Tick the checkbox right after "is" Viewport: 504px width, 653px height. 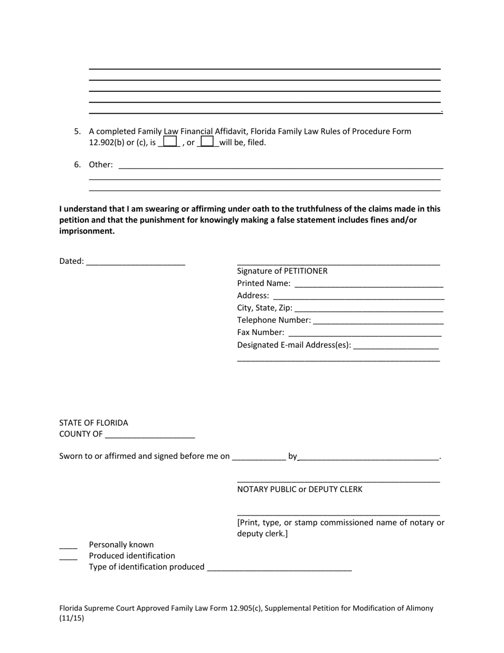(x=170, y=142)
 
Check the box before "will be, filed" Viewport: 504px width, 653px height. (x=207, y=142)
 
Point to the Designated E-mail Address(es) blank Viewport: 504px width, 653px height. (x=396, y=345)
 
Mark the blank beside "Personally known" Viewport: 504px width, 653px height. (x=68, y=545)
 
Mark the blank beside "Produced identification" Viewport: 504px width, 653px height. (x=68, y=556)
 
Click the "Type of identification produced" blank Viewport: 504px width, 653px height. (x=279, y=567)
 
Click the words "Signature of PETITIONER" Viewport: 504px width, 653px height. (x=282, y=271)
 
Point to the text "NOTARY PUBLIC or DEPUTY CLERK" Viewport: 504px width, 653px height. (x=300, y=489)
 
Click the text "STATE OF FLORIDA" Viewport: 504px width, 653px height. (x=93, y=423)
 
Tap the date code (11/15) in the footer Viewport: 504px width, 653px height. (x=72, y=618)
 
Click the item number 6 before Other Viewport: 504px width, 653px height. (x=77, y=165)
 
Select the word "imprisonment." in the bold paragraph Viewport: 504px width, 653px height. (x=86, y=231)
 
